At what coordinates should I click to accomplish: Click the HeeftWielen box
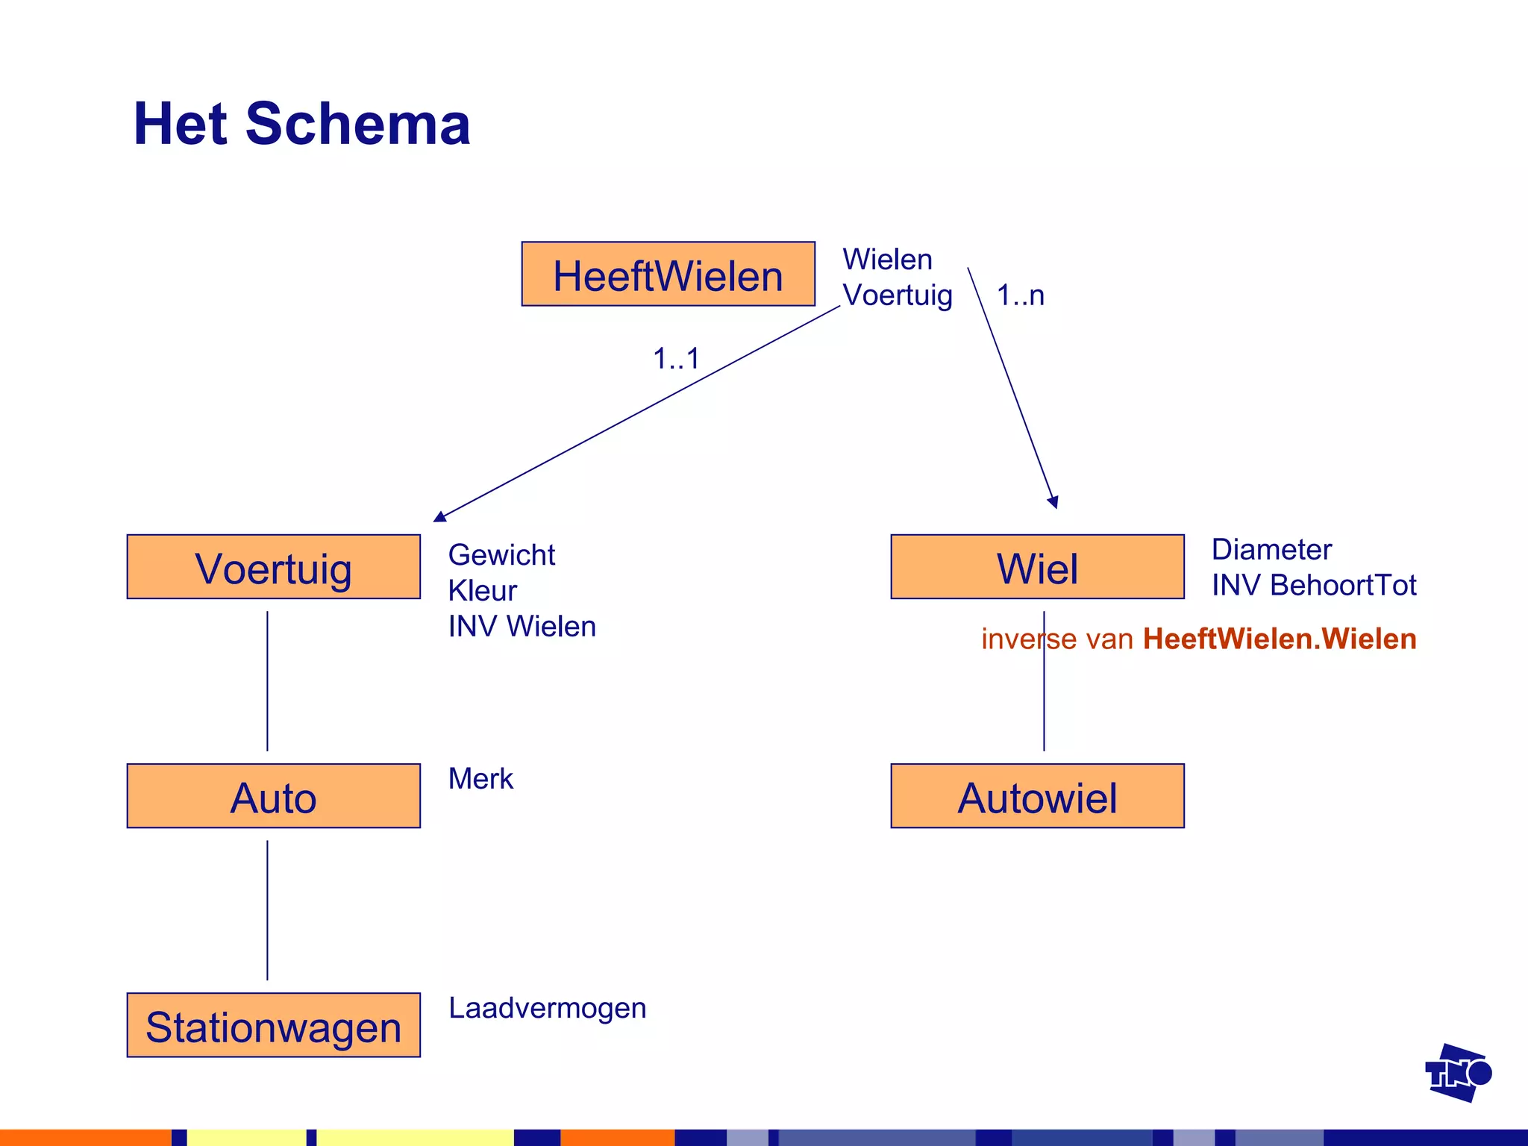[x=668, y=274]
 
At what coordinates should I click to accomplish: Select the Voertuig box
[x=273, y=567]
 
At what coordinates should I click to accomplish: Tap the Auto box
[x=273, y=796]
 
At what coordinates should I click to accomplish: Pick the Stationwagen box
[x=273, y=1025]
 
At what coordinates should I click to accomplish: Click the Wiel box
[x=1037, y=567]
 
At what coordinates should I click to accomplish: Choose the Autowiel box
[x=1037, y=796]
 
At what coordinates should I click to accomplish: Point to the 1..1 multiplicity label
[x=676, y=359]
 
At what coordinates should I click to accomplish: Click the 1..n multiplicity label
[x=1020, y=295]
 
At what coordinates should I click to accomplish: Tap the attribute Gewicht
[x=501, y=555]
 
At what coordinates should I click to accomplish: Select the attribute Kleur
[x=482, y=591]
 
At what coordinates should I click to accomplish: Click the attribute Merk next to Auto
[x=480, y=779]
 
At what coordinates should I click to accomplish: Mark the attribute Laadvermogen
[x=547, y=1008]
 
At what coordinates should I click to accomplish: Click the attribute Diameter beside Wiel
[x=1271, y=550]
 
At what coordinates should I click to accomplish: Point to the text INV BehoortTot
[x=1313, y=585]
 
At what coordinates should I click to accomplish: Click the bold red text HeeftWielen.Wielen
[x=1279, y=639]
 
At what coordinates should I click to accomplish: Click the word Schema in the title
[x=358, y=124]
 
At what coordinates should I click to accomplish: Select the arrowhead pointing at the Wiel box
[x=1053, y=502]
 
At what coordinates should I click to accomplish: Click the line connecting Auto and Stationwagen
[x=267, y=910]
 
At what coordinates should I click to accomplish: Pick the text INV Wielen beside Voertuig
[x=522, y=627]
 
